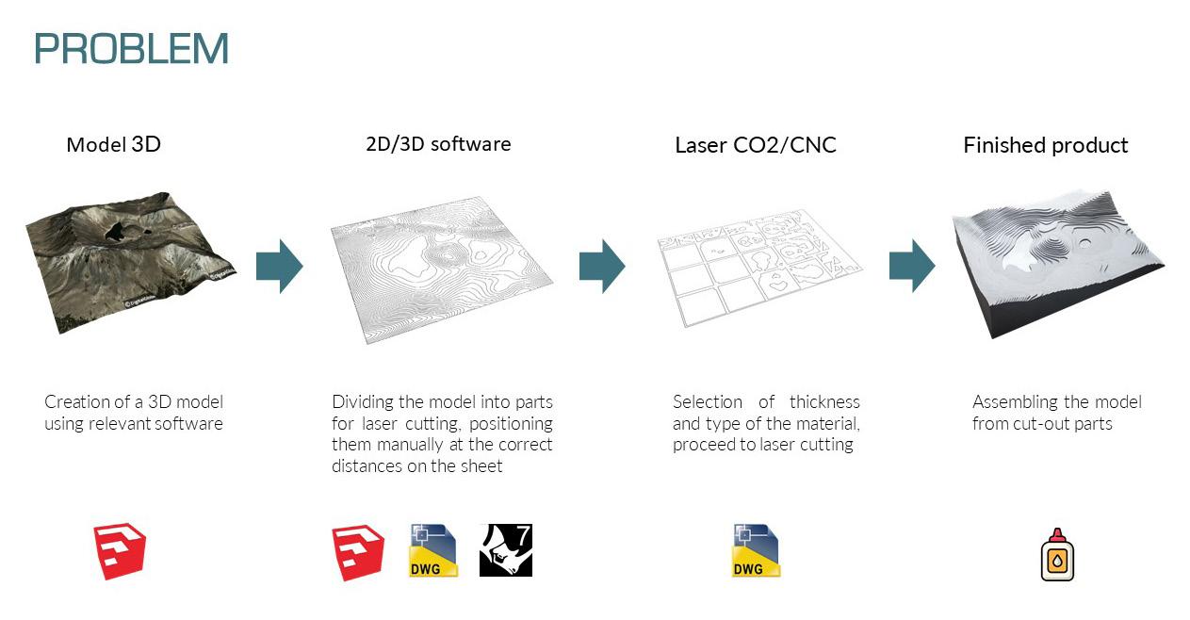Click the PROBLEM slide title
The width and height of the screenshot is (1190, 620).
[131, 49]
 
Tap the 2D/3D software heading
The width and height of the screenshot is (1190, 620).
[438, 144]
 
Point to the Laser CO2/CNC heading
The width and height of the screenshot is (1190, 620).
[756, 145]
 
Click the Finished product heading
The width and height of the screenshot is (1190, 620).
[1045, 145]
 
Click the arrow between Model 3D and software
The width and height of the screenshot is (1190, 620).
[279, 266]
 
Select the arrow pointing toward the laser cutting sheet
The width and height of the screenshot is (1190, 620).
[602, 266]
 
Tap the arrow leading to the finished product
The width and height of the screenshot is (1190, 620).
[912, 266]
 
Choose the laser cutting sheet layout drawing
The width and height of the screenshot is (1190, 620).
[759, 265]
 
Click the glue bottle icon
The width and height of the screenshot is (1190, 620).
[1057, 554]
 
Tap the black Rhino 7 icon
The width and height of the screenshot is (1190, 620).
[506, 550]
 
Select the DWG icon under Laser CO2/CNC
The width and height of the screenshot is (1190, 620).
[756, 550]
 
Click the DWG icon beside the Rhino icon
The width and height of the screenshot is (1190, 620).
[433, 550]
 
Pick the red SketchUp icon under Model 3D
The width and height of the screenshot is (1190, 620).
[120, 552]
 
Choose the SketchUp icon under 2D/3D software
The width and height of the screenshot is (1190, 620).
[358, 552]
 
